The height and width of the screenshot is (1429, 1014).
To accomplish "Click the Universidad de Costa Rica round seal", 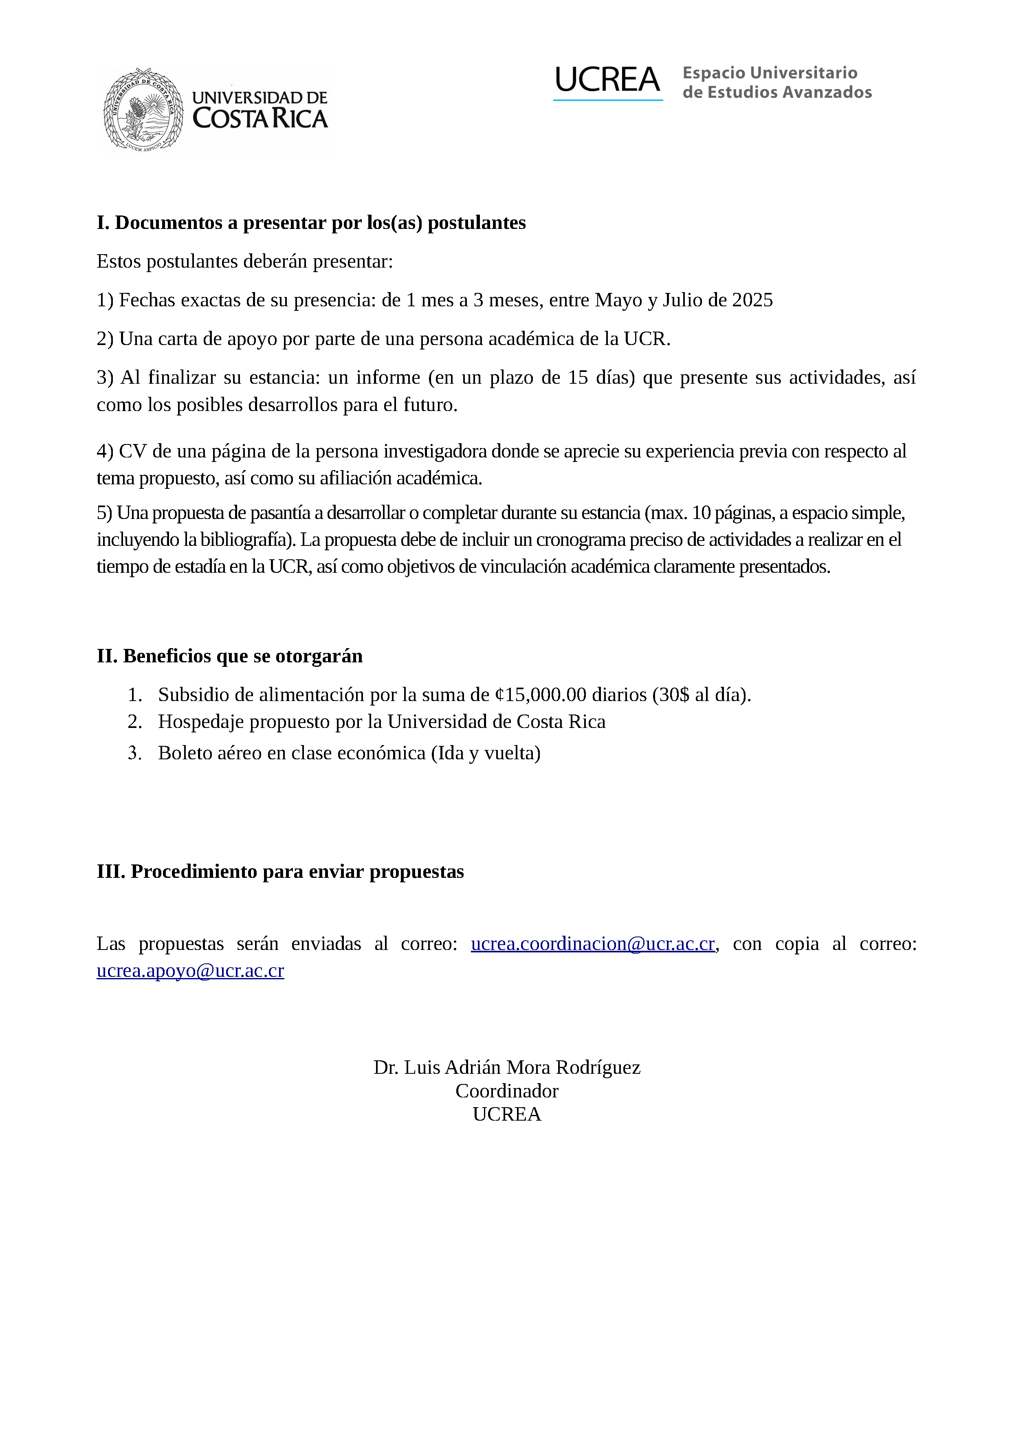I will coord(143,110).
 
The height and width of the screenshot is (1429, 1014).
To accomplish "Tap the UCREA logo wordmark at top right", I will coord(607,81).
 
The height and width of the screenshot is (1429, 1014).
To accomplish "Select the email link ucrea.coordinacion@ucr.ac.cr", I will coord(592,943).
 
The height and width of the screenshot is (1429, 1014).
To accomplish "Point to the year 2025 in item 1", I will coord(752,300).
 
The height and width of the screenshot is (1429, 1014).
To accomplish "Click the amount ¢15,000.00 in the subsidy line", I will coord(541,695).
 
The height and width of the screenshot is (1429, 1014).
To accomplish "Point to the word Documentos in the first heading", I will coord(169,223).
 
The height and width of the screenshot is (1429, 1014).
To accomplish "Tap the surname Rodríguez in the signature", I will coord(598,1068).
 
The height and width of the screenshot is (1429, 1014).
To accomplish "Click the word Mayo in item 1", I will coord(618,300).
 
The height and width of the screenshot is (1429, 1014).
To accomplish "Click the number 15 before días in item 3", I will coord(578,378).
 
